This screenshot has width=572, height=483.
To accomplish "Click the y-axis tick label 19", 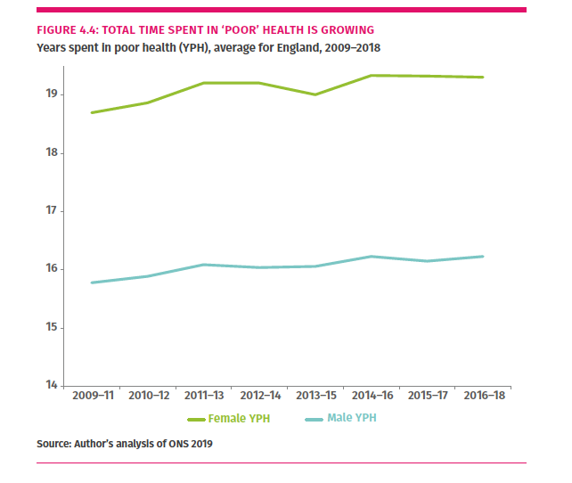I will click(53, 94).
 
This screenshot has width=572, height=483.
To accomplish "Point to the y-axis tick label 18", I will click(53, 153).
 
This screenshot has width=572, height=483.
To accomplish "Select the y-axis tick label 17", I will click(53, 211).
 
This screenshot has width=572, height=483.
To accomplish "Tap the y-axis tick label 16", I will click(53, 269).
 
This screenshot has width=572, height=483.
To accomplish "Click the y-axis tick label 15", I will click(53, 328).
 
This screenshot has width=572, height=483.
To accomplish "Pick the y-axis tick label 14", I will click(53, 386).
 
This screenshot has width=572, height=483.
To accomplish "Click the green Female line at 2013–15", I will click(315, 94).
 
